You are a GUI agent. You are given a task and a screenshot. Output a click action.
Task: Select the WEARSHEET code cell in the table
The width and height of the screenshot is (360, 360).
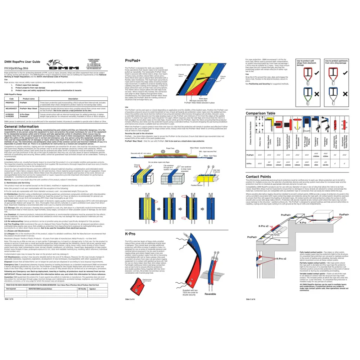click(x=11, y=108)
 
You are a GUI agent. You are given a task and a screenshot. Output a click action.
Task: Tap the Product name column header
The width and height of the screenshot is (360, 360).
click(x=28, y=99)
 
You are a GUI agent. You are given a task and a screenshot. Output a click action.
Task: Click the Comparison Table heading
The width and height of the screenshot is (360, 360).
click(x=260, y=113)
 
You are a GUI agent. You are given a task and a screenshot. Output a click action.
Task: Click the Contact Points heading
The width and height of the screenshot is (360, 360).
click(x=258, y=177)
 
